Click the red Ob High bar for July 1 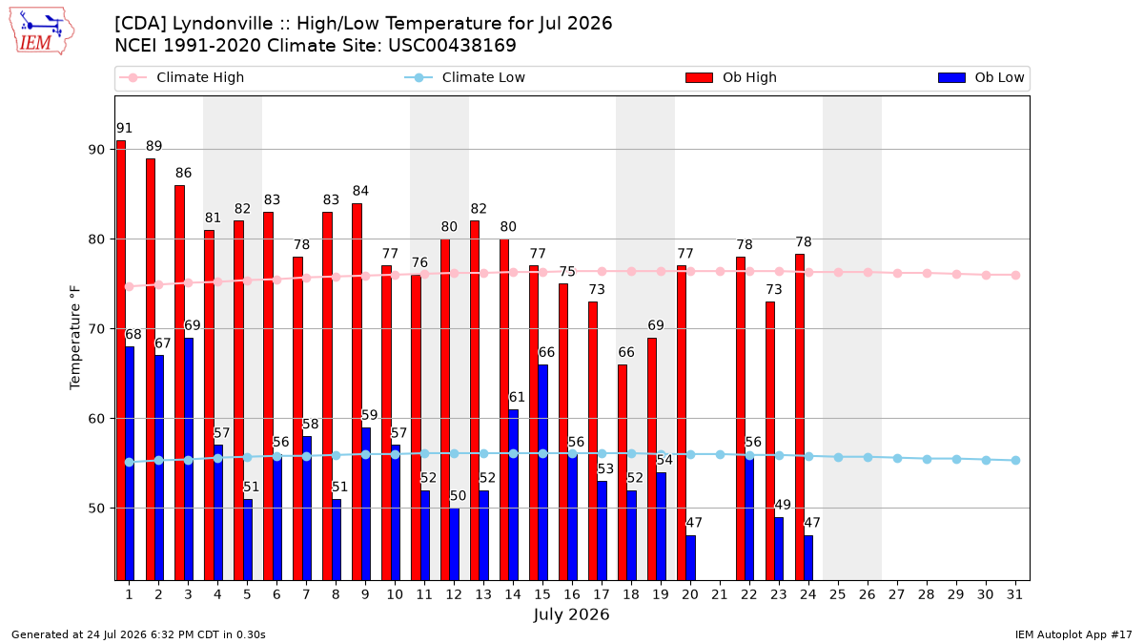click(x=121, y=361)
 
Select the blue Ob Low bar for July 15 click(x=542, y=472)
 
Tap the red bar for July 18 click(x=623, y=472)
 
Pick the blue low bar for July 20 click(x=690, y=557)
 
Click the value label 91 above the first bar click(x=124, y=128)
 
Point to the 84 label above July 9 click(x=360, y=191)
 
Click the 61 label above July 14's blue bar click(x=517, y=397)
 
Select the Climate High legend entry click(x=182, y=77)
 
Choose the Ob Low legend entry click(x=981, y=77)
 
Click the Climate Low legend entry click(x=465, y=77)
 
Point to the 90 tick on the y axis click(x=96, y=150)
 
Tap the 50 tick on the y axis click(x=96, y=509)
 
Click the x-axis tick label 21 click(x=719, y=594)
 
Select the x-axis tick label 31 click(x=1014, y=594)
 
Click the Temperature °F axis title click(x=75, y=338)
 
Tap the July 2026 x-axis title click(x=571, y=614)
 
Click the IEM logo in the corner click(x=42, y=31)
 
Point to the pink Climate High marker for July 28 click(x=927, y=274)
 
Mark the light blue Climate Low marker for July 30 click(x=986, y=460)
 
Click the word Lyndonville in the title click(x=223, y=24)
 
